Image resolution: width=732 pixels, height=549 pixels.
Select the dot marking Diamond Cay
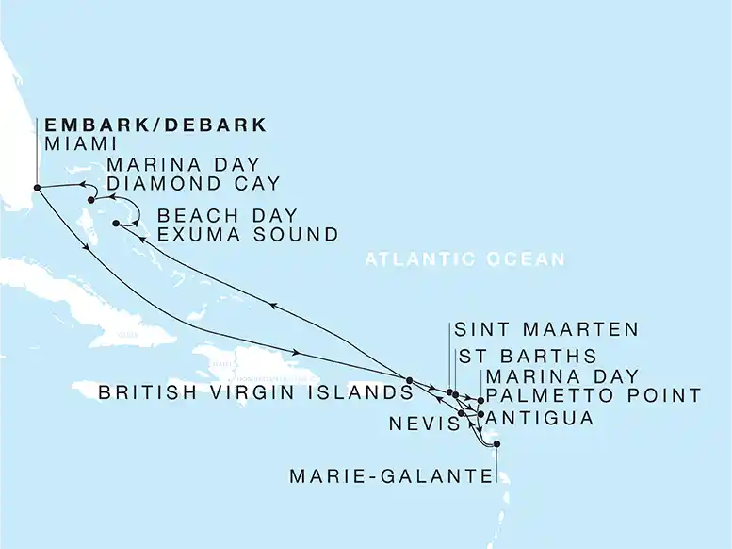91,200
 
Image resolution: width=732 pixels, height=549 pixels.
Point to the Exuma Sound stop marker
116,224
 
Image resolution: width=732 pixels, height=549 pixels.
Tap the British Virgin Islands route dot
409,380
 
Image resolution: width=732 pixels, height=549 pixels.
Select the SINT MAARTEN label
545,330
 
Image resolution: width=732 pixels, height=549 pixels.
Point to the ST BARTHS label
527,357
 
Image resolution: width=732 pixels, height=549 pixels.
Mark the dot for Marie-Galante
496,444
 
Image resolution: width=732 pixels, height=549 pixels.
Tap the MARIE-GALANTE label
392,477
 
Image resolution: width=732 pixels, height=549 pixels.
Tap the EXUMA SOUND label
247,234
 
